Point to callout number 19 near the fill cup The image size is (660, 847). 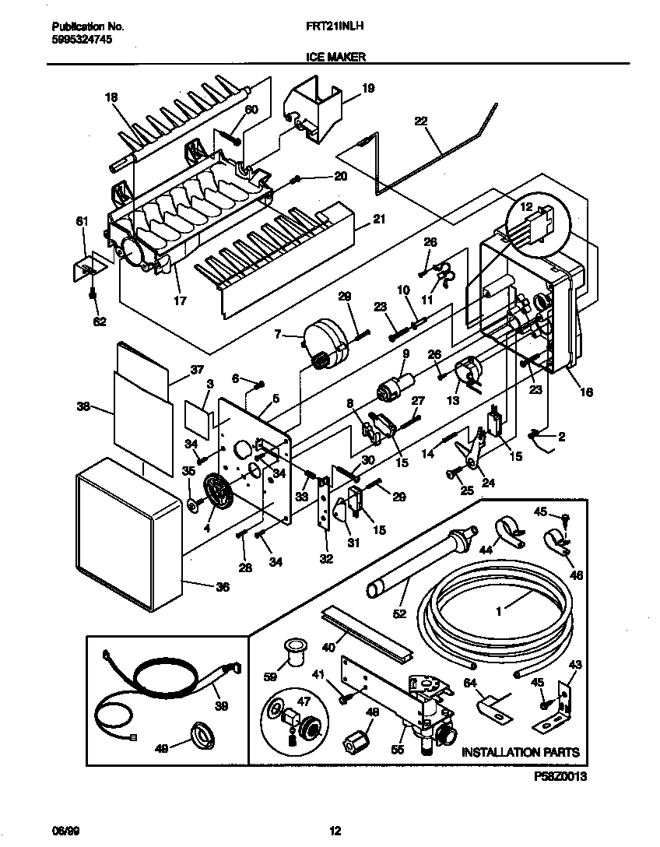[369, 89]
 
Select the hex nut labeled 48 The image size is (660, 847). [354, 736]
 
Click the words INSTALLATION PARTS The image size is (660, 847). [521, 752]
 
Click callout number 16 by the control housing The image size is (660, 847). [586, 392]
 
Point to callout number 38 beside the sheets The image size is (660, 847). [83, 406]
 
